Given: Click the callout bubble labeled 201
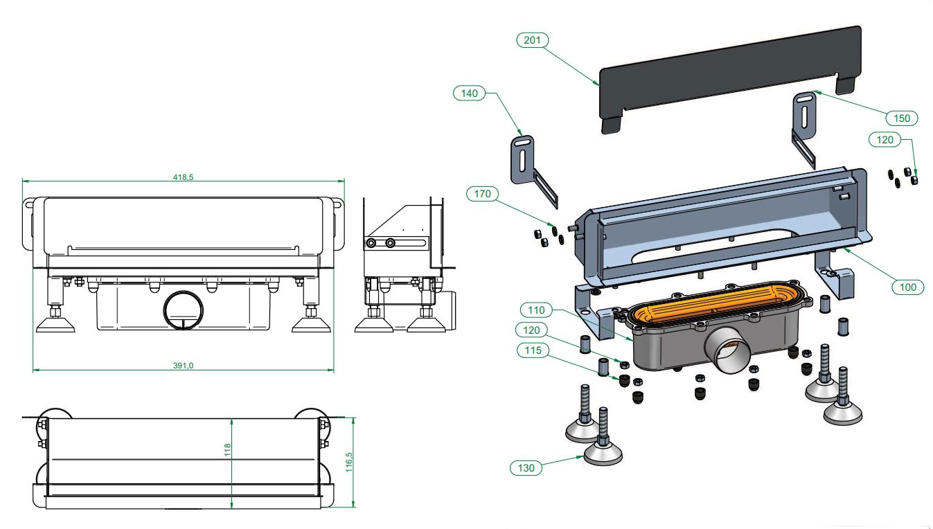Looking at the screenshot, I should (x=532, y=40).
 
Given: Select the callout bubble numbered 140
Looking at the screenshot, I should (x=470, y=93).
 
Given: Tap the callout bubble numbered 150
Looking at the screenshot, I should (x=901, y=118).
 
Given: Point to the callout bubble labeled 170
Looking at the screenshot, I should (x=483, y=195).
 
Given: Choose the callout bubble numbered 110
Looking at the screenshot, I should (x=536, y=310).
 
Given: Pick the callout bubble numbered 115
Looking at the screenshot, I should (x=533, y=351).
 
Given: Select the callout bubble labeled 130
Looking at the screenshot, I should (x=526, y=468).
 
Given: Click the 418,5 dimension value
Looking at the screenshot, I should (x=183, y=177).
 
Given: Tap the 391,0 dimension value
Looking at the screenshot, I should (x=183, y=366).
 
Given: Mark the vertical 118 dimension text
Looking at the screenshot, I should (x=227, y=450).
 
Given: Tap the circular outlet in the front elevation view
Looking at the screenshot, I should (x=183, y=312).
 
